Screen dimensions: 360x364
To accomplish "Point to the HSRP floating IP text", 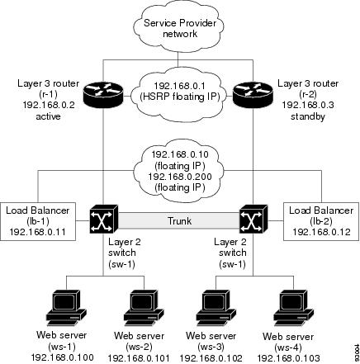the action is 180,97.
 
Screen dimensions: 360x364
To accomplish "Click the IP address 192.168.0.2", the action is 49,105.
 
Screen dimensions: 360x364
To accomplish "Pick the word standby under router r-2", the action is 308,116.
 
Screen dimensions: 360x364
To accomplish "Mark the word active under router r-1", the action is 48,116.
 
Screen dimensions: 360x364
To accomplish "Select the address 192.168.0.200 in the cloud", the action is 180,177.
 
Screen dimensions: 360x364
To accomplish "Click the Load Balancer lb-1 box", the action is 38,221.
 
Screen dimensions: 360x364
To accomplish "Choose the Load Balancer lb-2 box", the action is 321,221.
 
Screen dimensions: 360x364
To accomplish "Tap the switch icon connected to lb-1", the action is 104,219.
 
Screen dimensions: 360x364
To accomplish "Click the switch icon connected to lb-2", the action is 253,219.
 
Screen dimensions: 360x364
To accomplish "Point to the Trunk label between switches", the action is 179,220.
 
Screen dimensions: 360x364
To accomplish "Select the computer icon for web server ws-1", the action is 67,308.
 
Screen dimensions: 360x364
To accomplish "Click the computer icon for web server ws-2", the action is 144,308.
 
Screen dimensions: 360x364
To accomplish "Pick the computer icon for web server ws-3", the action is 216,308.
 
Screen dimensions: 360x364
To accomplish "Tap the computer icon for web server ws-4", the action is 294,308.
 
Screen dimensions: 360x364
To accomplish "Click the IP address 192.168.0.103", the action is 288,358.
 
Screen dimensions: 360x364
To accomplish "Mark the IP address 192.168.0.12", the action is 321,232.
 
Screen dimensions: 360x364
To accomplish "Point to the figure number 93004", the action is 357,353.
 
